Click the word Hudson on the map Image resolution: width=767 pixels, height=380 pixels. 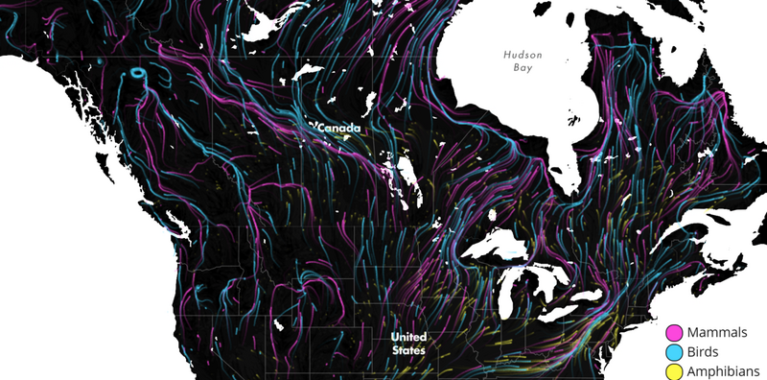coord(523,55)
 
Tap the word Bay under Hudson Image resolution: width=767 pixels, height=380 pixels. coord(523,69)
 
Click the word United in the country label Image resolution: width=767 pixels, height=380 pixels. coord(408,338)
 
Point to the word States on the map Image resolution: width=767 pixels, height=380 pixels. coord(408,350)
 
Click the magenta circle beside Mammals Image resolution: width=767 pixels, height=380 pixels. coord(675,332)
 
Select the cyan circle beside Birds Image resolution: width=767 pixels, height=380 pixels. coord(675,351)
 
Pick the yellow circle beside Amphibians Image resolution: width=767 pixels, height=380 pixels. coord(675,370)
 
